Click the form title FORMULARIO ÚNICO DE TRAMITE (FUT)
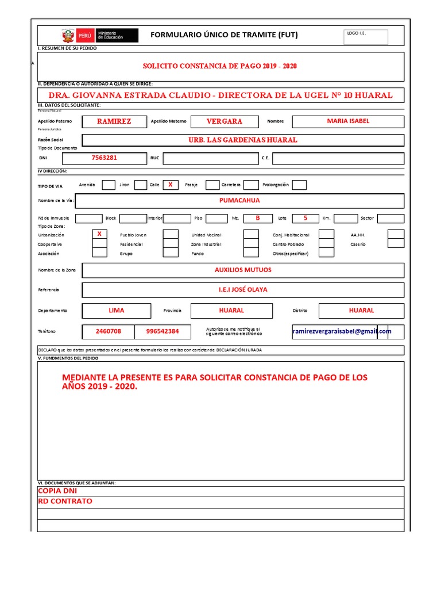point(224,35)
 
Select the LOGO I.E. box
point(366,37)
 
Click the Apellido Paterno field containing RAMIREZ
point(114,121)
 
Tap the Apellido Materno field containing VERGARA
point(225,121)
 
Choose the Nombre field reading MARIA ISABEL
point(348,121)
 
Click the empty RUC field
point(209,158)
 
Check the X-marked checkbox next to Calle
point(170,185)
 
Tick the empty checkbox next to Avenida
point(109,185)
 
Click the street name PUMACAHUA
point(239,201)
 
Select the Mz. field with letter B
point(258,218)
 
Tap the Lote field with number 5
point(305,218)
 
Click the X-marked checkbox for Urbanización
point(99,234)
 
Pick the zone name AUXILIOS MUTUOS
point(243,270)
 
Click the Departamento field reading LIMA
point(117,311)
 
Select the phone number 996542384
point(163,332)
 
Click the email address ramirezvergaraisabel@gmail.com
point(342,332)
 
